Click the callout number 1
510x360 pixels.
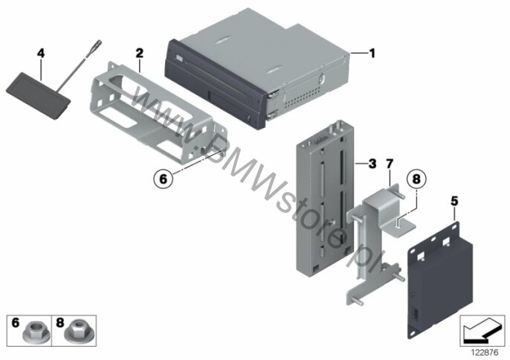click(x=372, y=53)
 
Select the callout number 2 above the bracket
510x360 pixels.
click(x=139, y=53)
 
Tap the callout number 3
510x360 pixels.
click(x=372, y=164)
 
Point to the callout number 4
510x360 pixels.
click(x=41, y=53)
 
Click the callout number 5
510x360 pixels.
click(x=454, y=201)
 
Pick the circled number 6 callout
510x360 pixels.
click(x=163, y=178)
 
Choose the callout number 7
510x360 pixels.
click(x=390, y=164)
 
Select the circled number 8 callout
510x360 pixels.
click(x=416, y=179)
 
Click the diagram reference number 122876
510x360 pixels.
click(x=485, y=353)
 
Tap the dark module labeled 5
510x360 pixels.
click(x=440, y=280)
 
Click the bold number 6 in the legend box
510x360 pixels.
click(x=16, y=323)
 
